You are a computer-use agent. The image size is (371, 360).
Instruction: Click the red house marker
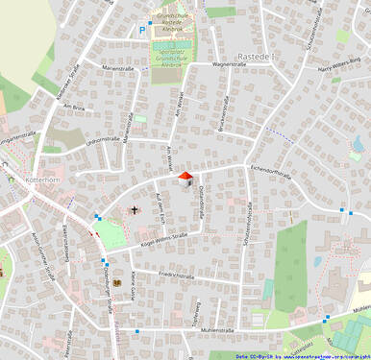pos(185,178)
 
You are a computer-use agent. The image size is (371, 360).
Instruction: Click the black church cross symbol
pos(134,209)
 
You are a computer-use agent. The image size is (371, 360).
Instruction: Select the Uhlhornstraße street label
pos(102,142)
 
